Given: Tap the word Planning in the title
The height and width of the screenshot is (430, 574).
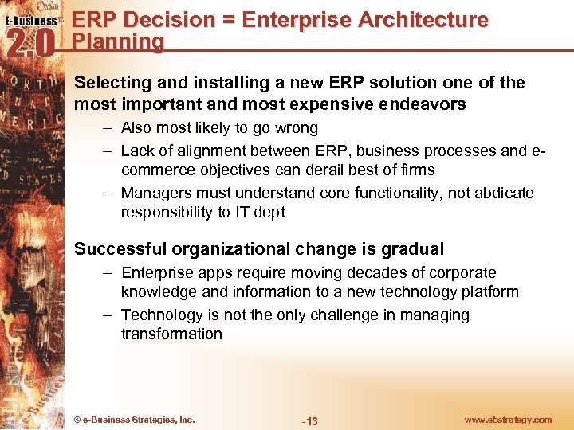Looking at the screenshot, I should [118, 41].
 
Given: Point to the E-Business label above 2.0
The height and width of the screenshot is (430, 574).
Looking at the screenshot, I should [32, 21].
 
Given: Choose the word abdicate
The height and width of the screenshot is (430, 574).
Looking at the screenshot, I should [505, 193].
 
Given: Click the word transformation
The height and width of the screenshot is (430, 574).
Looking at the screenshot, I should [171, 334].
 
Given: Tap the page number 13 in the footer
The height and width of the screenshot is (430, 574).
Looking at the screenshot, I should [310, 420].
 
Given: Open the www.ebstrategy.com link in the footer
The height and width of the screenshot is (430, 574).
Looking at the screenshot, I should [509, 420].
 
